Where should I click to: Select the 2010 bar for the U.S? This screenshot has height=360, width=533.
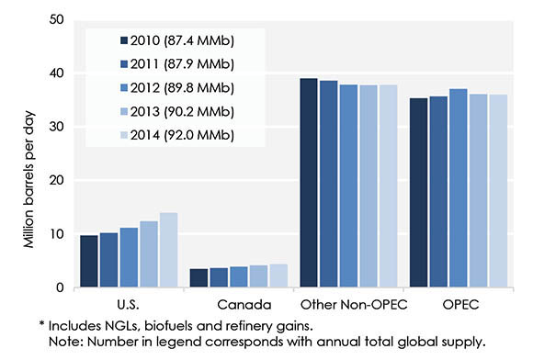tap(88, 262)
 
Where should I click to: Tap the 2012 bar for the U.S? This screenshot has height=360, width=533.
tap(129, 257)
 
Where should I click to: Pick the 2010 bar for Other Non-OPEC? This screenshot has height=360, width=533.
tap(308, 183)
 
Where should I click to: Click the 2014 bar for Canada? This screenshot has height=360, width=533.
tap(278, 276)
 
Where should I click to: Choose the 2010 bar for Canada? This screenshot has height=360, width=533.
tap(198, 278)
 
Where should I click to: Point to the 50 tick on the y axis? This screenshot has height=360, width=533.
tap(58, 18)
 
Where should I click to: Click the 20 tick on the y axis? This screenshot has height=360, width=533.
tap(58, 180)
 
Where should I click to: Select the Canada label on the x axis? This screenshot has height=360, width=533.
tap(238, 302)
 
